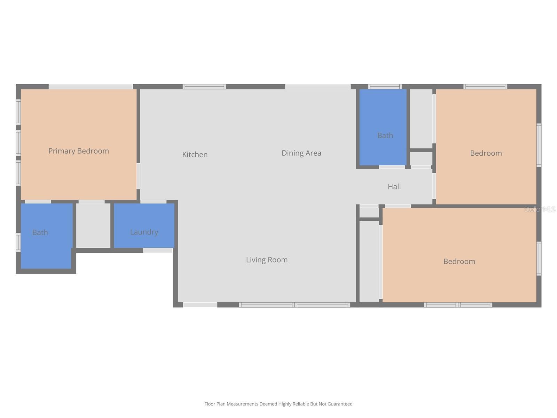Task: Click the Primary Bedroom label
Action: click(78, 151)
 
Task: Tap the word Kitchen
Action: click(195, 154)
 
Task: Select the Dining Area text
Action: click(301, 153)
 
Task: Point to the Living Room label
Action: click(267, 260)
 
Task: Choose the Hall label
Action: click(394, 186)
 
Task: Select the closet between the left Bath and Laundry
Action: click(93, 225)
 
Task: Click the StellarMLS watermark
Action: click(540, 209)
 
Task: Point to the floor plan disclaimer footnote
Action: click(278, 404)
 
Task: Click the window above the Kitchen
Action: click(204, 86)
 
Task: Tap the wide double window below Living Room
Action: click(295, 305)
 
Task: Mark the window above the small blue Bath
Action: click(385, 86)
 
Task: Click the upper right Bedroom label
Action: click(486, 153)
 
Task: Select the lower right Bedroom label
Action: click(459, 261)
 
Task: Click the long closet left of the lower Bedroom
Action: click(369, 261)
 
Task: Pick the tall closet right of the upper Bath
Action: click(421, 118)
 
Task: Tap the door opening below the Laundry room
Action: click(158, 250)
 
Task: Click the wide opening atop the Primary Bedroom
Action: click(91, 86)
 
